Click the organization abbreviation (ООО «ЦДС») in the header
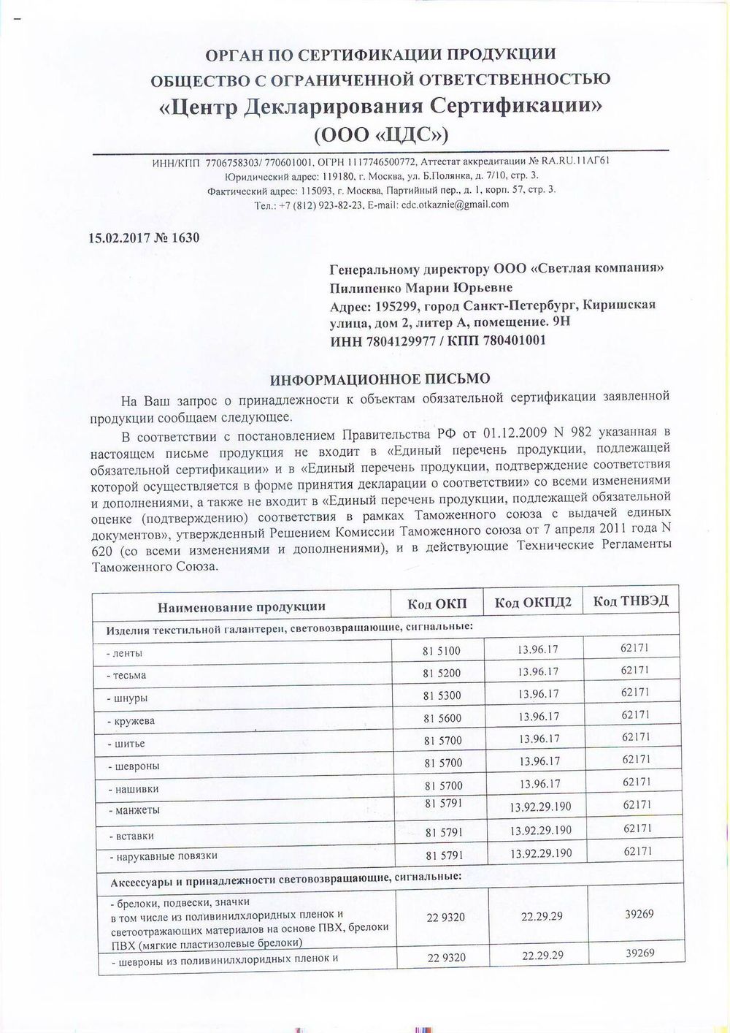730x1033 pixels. pyautogui.click(x=380, y=136)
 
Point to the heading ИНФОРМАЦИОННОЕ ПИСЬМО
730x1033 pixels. pyautogui.click(x=380, y=379)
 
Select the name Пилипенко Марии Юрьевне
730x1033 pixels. pyautogui.click(x=421, y=288)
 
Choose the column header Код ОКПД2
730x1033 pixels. pyautogui.click(x=533, y=603)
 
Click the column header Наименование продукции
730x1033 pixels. pyautogui.click(x=242, y=606)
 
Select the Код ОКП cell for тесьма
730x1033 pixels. pyautogui.click(x=442, y=673)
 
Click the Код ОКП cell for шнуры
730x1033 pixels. pyautogui.click(x=442, y=695)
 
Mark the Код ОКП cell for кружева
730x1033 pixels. pyautogui.click(x=442, y=718)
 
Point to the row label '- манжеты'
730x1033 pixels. pyautogui.click(x=134, y=810)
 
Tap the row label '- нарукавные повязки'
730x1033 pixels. pyautogui.click(x=163, y=855)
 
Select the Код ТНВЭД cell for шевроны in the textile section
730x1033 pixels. pyautogui.click(x=636, y=759)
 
